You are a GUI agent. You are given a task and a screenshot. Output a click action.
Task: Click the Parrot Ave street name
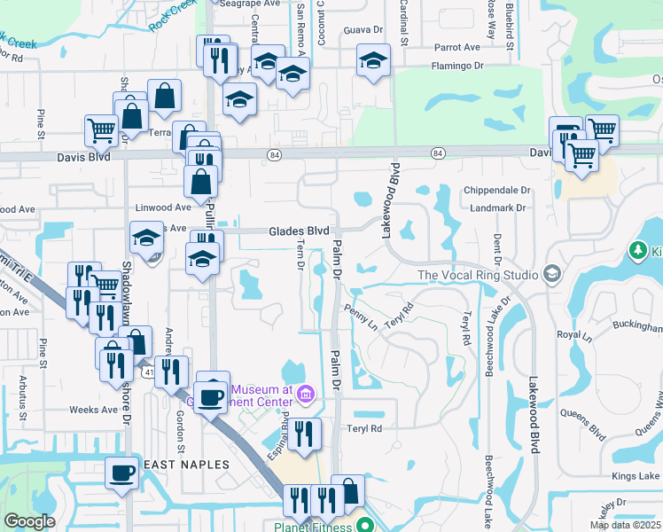pos(456,48)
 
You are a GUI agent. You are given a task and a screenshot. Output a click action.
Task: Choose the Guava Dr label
pos(363,30)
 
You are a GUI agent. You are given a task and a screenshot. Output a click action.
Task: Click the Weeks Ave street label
pos(94,410)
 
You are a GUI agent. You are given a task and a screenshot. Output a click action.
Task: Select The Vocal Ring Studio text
pos(478,275)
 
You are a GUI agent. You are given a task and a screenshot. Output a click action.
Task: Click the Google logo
pos(29,521)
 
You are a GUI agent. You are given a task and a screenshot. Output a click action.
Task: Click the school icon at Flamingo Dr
pos(373,61)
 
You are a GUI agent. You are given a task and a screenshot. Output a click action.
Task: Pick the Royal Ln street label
pos(573,336)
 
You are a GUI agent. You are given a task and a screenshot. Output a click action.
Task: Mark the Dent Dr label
pos(497,239)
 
